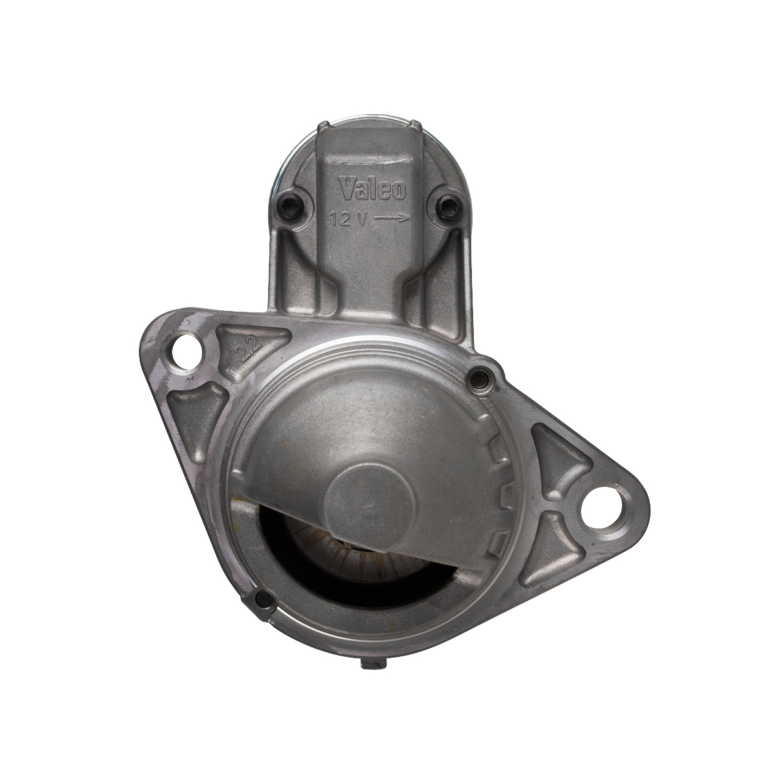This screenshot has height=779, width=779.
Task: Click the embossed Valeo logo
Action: pyautogui.click(x=372, y=189)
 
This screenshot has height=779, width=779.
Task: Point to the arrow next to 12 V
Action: pyautogui.click(x=393, y=219)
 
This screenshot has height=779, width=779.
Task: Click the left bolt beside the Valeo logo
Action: pyautogui.click(x=290, y=206)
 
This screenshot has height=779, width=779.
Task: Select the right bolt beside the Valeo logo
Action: pyautogui.click(x=449, y=206)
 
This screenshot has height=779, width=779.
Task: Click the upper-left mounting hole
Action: pyautogui.click(x=187, y=352)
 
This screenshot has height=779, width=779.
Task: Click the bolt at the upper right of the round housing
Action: pyautogui.click(x=480, y=379)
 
